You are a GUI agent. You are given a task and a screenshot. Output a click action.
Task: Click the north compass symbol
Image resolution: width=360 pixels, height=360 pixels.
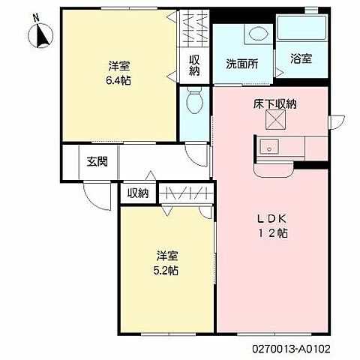click(x=40, y=35)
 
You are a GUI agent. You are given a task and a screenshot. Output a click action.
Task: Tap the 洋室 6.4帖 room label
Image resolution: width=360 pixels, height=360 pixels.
click(x=118, y=73)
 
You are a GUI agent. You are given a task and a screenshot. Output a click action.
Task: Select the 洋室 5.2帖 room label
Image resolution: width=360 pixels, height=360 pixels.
click(x=166, y=263)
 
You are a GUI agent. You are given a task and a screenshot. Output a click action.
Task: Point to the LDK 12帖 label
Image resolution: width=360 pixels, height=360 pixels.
click(x=273, y=226)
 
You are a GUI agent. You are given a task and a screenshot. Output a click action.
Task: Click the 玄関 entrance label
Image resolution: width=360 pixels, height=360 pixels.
click(x=97, y=161)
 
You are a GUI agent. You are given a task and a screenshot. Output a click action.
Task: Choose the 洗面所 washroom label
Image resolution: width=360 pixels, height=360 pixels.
click(x=242, y=64)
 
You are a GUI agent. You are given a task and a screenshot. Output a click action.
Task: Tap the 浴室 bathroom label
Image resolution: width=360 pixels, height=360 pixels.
click(x=301, y=58)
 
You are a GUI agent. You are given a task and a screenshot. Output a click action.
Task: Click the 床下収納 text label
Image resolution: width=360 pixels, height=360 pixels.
click(x=275, y=104)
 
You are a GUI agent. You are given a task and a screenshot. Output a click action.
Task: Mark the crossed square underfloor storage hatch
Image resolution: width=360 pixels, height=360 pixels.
click(x=275, y=120)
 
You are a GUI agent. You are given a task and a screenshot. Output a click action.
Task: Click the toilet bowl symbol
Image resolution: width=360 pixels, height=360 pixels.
click(x=195, y=99)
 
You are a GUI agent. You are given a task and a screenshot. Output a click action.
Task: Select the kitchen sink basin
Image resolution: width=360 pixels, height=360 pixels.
click(x=269, y=147)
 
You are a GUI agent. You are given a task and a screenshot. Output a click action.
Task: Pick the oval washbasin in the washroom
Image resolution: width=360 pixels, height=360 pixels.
click(x=258, y=34)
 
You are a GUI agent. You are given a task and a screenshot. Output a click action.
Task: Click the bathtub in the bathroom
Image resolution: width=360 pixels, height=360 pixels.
click(x=301, y=28)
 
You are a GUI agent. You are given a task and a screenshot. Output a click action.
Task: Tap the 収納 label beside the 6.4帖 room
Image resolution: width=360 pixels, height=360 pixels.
click(x=194, y=65)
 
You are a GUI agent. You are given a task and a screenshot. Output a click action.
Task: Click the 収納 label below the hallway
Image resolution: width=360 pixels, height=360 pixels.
click(x=138, y=193)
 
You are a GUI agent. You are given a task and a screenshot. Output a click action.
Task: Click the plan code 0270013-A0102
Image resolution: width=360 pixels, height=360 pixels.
click(x=291, y=349)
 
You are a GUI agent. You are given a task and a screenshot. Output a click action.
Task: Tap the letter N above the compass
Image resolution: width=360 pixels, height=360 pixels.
click(x=37, y=18)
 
